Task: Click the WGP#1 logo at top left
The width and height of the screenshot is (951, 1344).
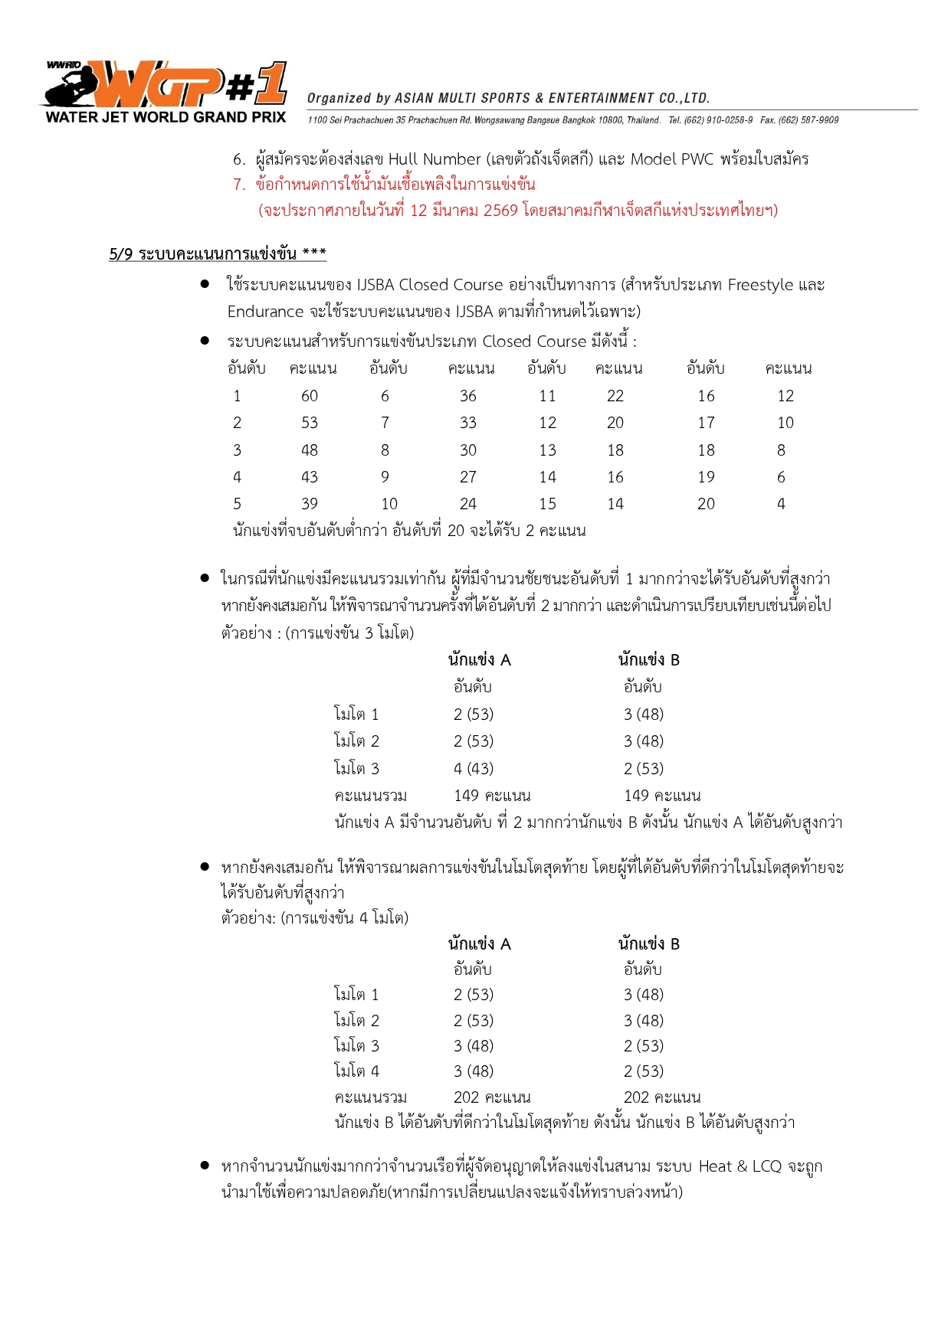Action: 165,86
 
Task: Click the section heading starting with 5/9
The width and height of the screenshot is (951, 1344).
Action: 218,254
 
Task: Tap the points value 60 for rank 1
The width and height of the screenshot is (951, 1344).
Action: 309,396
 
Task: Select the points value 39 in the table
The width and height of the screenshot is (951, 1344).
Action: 309,504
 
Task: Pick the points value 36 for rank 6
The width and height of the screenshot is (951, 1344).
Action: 467,396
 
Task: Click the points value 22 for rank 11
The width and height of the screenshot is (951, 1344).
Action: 615,396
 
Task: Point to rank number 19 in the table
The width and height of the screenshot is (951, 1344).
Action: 706,477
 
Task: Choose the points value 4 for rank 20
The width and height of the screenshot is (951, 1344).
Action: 781,504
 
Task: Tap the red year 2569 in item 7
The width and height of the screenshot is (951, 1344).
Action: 500,211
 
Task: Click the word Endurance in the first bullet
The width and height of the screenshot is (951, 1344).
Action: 265,312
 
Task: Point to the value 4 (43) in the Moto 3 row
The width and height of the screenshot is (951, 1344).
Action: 473,769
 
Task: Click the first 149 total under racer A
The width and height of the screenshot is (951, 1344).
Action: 466,796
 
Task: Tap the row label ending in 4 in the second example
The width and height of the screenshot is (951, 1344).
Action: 356,1071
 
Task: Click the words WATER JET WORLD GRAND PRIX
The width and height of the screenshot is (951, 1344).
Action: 166,117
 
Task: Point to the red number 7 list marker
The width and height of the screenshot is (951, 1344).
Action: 239,185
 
